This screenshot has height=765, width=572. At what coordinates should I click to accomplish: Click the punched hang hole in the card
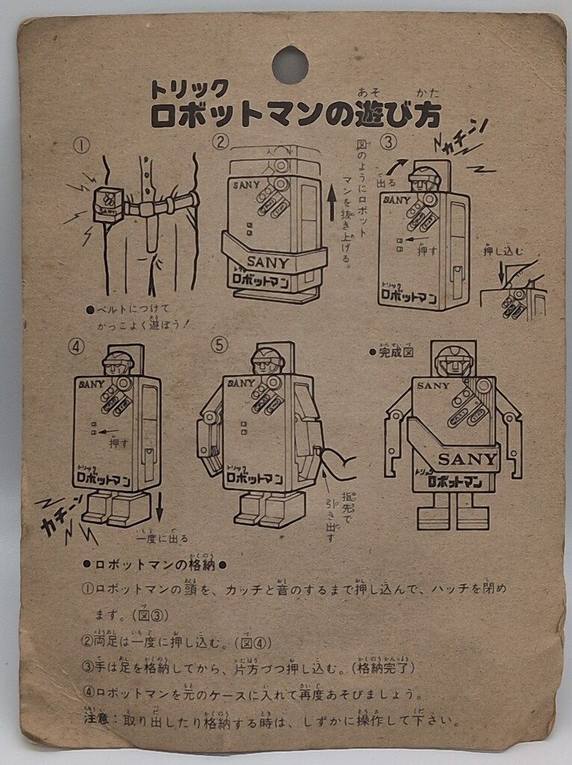[x=290, y=65]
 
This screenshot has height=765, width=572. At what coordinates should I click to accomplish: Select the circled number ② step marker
[x=220, y=141]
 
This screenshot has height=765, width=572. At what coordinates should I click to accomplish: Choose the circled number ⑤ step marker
[x=217, y=346]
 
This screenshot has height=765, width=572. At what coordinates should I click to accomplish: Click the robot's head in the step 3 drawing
[x=424, y=179]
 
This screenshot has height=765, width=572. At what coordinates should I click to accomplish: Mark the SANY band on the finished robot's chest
[x=467, y=458]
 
